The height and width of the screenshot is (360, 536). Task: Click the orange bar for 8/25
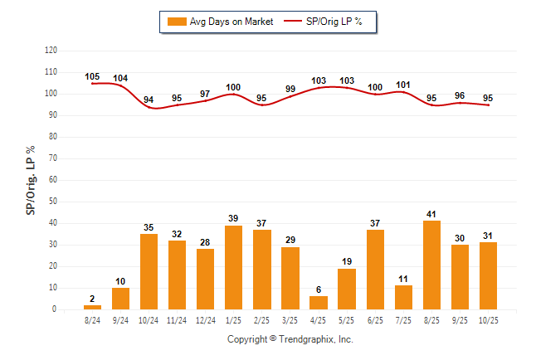(431, 265)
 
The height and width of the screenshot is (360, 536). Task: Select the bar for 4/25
(319, 303)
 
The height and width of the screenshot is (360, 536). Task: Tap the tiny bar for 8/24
(92, 308)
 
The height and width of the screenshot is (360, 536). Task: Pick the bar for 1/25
(233, 268)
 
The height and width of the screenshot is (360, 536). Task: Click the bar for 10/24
(149, 272)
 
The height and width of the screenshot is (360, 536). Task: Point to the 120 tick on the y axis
(51, 51)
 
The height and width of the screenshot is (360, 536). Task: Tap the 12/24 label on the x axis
(205, 319)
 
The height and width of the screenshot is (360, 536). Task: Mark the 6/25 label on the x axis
(375, 319)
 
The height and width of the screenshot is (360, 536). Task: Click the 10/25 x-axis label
(488, 319)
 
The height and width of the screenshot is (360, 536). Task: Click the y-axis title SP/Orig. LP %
(31, 180)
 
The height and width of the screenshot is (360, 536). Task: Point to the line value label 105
(92, 77)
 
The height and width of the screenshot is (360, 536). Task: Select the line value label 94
(149, 100)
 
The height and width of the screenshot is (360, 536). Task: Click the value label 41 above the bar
(431, 214)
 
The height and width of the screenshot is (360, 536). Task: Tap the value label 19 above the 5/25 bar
(347, 261)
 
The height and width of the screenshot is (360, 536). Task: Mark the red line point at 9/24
(120, 86)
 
